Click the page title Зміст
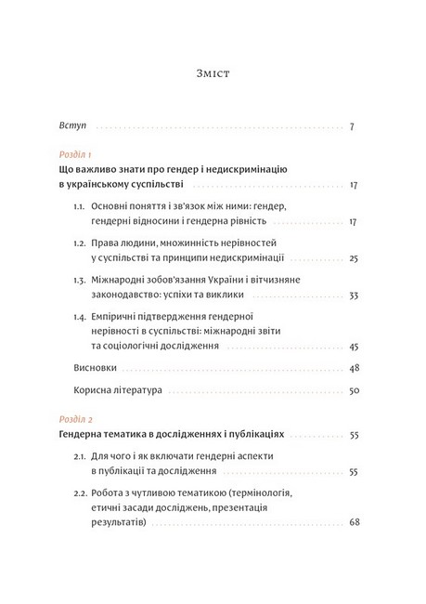[213, 70]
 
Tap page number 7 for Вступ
[353, 125]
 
